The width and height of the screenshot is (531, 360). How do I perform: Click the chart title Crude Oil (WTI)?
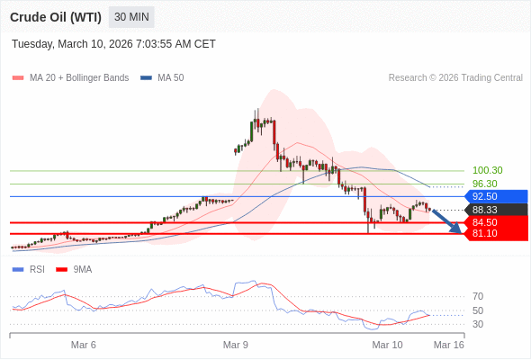click(56, 17)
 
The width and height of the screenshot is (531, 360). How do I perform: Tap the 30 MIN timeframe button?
click(131, 17)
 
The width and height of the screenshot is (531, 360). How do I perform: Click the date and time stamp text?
click(113, 44)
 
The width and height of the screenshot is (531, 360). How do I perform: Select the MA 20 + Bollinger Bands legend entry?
click(72, 78)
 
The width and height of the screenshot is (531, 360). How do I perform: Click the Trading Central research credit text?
click(455, 78)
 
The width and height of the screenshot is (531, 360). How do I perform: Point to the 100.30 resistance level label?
click(487, 170)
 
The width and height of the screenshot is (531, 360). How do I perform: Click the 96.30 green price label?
click(484, 184)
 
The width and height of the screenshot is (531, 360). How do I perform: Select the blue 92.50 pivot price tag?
click(494, 196)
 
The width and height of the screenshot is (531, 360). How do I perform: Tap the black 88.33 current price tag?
click(494, 210)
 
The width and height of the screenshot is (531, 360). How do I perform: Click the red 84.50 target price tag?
click(494, 222)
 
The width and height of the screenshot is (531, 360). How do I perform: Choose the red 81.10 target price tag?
click(494, 234)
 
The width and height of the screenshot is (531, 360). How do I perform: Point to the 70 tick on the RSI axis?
click(478, 296)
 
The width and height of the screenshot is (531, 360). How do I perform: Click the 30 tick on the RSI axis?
click(478, 324)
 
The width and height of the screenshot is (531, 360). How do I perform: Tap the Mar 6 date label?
click(84, 345)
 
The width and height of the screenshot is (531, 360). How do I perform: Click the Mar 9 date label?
click(236, 345)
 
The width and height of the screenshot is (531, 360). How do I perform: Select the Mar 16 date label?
click(449, 345)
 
